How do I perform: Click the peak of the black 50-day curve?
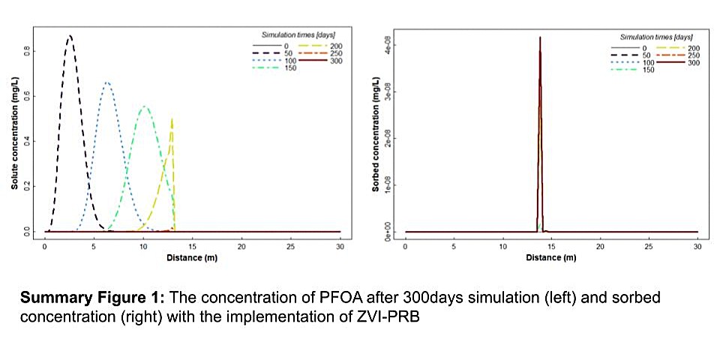[70, 36]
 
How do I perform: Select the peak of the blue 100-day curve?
[107, 82]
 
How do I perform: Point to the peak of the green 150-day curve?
[145, 107]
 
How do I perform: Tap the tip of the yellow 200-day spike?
[172, 118]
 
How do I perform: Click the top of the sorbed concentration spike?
[540, 37]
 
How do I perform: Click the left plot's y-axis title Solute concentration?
[14, 143]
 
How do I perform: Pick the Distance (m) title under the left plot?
[191, 257]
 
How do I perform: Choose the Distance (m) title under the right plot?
[551, 257]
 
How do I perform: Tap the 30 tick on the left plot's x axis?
[340, 246]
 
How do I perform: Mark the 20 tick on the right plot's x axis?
[600, 246]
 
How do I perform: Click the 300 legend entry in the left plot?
[313, 61]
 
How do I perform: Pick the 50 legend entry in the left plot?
[268, 53]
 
